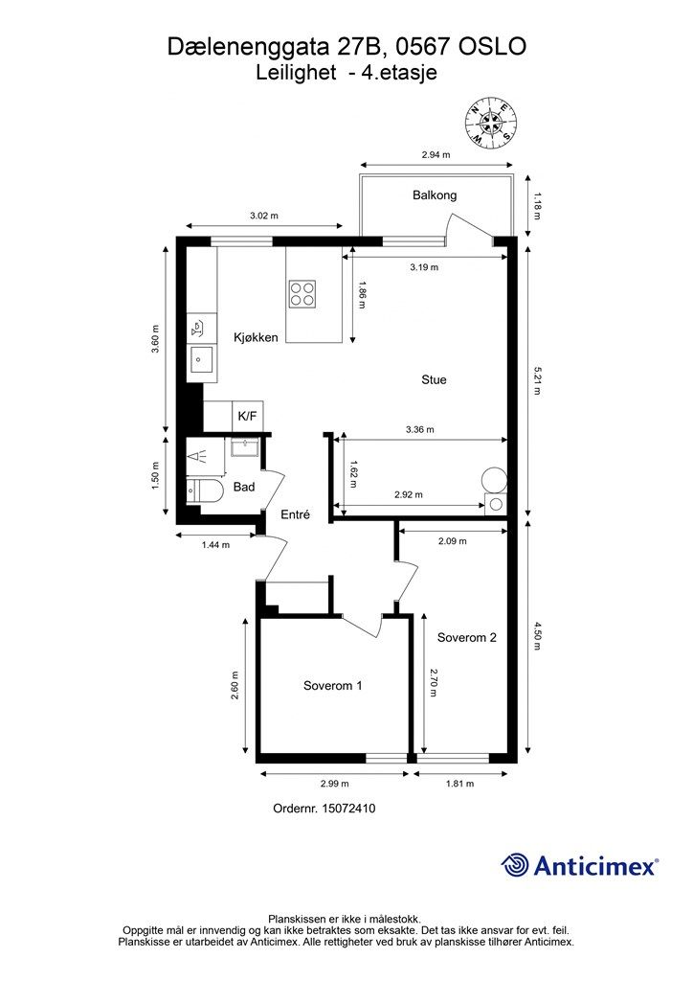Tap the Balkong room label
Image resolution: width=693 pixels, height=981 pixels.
(x=435, y=195)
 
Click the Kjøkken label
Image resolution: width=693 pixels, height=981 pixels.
(x=256, y=337)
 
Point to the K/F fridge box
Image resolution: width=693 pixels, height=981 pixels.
(x=248, y=416)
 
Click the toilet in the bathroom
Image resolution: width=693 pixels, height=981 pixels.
(x=205, y=491)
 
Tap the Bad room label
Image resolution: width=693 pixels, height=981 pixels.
(x=244, y=487)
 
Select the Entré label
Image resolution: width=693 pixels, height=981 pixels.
(x=295, y=514)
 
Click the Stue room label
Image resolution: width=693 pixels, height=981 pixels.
(x=434, y=379)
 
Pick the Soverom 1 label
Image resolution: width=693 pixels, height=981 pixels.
(x=332, y=686)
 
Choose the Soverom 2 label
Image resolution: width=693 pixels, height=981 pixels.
(x=467, y=637)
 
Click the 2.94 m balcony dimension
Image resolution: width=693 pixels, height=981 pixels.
(x=436, y=154)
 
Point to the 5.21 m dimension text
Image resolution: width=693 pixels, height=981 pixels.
(x=536, y=379)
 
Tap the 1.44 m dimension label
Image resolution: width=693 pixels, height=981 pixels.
(x=215, y=545)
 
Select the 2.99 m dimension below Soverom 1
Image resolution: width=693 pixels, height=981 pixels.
(x=334, y=784)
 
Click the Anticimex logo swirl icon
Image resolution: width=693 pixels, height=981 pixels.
(x=515, y=865)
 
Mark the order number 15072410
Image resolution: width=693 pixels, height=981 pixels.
(x=348, y=809)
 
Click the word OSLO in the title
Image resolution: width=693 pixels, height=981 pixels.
(x=493, y=46)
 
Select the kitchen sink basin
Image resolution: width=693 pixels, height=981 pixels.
(x=201, y=359)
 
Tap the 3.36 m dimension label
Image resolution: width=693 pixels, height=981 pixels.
(x=420, y=430)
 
